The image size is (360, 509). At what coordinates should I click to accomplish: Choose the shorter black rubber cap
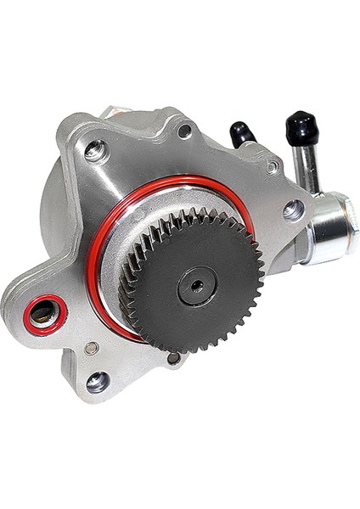point(241,134)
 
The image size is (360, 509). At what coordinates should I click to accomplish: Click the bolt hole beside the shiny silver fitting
point(292,209)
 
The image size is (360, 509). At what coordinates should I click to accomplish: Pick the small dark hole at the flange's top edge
point(184,131)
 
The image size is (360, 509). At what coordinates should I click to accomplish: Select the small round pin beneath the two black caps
point(272,167)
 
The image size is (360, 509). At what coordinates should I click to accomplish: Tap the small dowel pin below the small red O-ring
point(92,348)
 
